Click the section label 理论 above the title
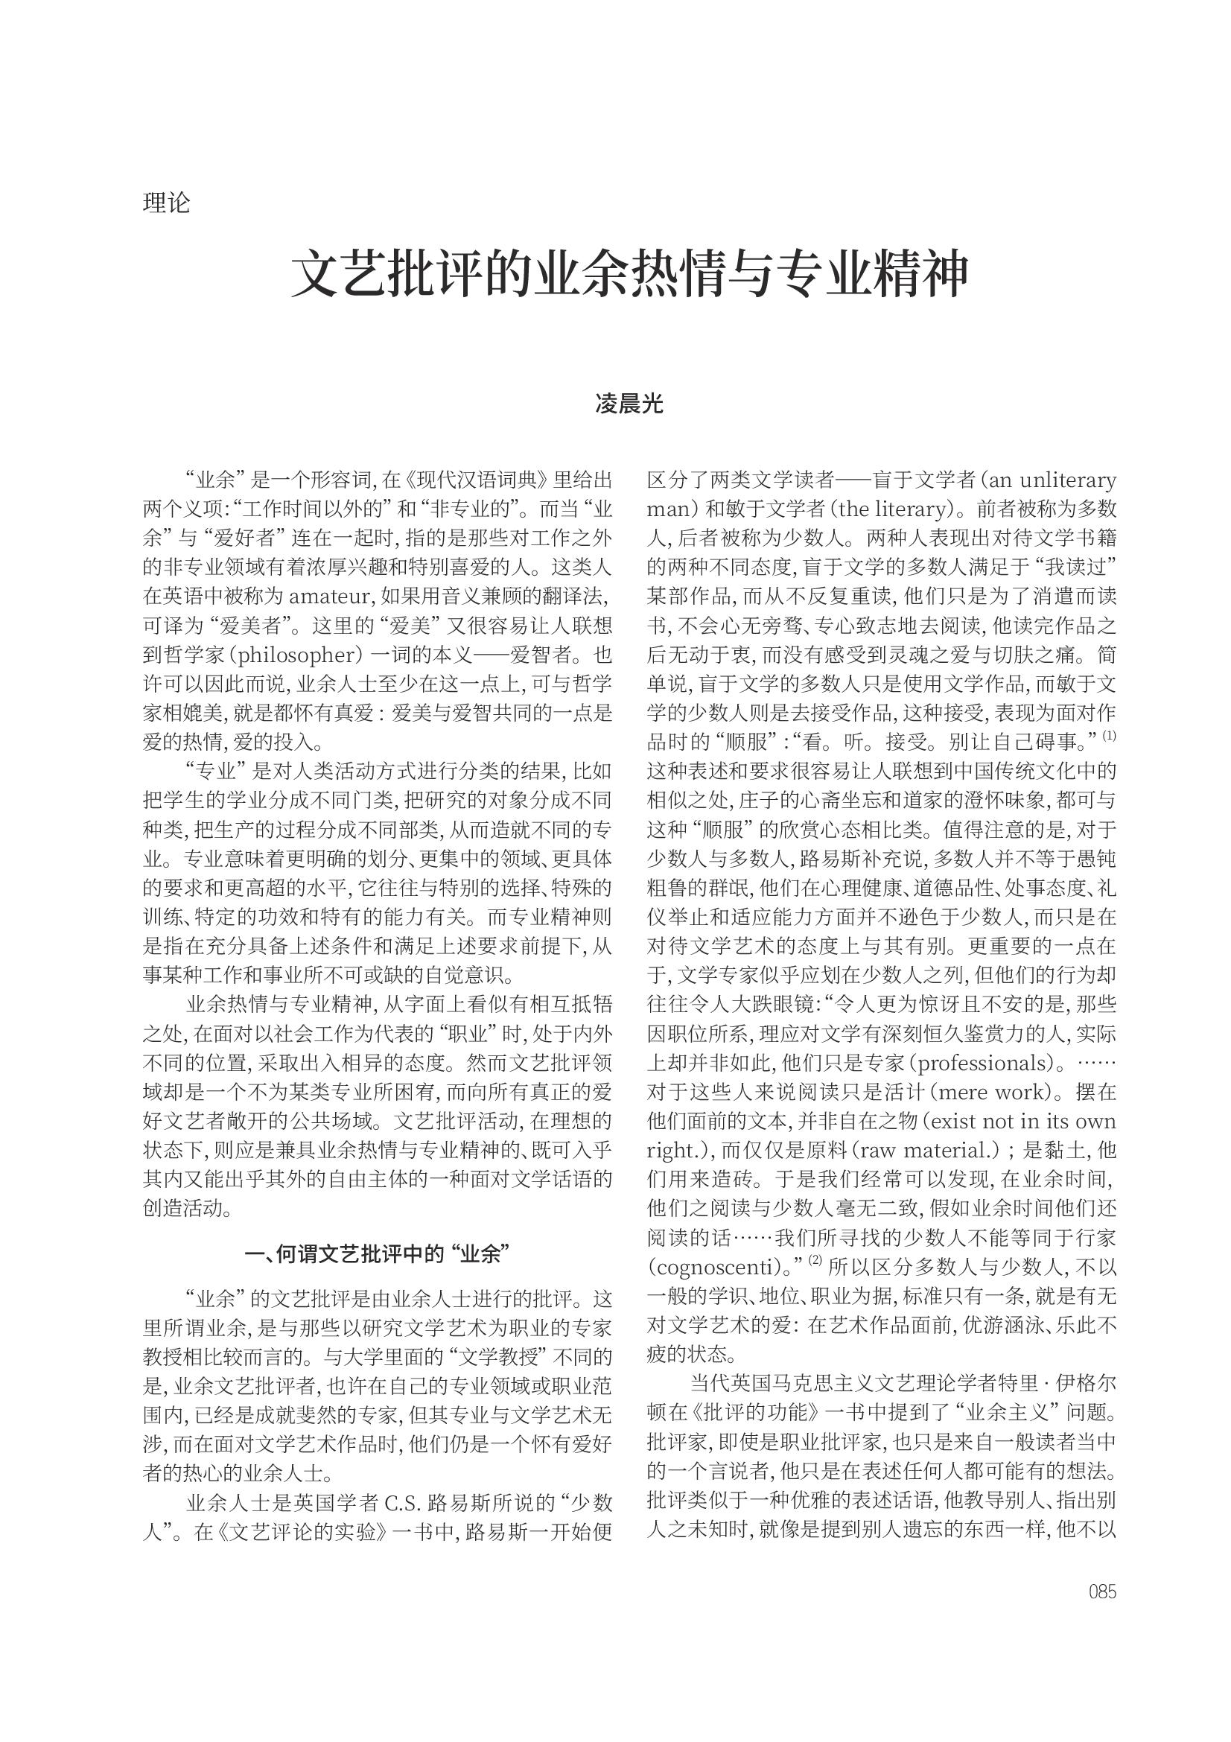click(166, 203)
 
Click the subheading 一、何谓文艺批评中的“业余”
click(377, 1254)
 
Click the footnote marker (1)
click(1109, 735)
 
